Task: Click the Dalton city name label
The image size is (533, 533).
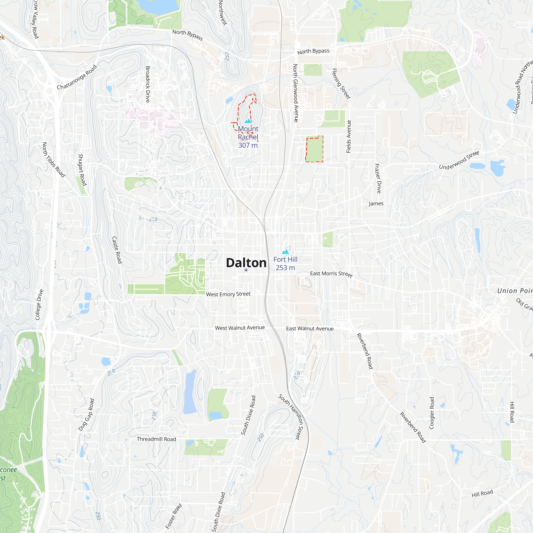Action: coord(246,263)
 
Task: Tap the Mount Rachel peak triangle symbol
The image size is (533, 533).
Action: coord(248,121)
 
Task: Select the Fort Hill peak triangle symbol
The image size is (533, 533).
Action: coord(285,251)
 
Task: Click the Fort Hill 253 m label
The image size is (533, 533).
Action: coord(285,264)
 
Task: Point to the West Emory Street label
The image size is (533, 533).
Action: coord(228,294)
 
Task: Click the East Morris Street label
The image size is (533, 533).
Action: coord(331,274)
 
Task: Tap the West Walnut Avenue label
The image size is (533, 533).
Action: coord(240,328)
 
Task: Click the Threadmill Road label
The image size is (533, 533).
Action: coord(156,439)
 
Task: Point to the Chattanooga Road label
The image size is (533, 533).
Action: coord(77,77)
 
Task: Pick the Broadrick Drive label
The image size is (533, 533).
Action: coord(148,84)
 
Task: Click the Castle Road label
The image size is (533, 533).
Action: coord(117,250)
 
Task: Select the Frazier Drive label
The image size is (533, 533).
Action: coord(378,178)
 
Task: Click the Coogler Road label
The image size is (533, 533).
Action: coord(432,413)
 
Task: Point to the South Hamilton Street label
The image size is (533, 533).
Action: coord(291,417)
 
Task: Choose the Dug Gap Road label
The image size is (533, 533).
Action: coord(86,414)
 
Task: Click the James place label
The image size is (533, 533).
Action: coord(376,204)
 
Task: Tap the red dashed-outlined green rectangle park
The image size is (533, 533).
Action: coord(314,149)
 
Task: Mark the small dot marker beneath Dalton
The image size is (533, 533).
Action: coord(246,270)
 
